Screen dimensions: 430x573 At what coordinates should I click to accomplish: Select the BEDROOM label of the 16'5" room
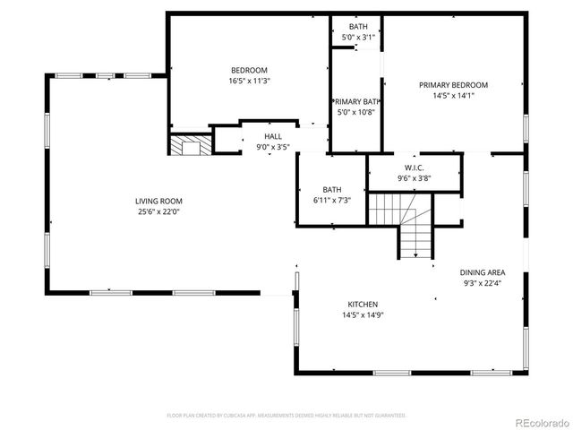[249, 70]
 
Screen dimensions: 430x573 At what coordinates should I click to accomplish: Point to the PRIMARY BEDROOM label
[453, 85]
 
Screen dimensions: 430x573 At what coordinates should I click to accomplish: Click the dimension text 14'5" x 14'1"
[453, 95]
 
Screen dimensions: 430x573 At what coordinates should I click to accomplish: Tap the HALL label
[272, 136]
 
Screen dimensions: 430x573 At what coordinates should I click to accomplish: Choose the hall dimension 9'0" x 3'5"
[272, 146]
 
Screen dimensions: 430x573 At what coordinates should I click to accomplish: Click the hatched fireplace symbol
[190, 145]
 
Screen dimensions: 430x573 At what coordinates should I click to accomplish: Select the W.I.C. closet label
[414, 168]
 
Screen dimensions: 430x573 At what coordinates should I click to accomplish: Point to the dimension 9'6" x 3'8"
[414, 178]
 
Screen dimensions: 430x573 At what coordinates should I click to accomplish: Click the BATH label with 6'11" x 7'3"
[332, 189]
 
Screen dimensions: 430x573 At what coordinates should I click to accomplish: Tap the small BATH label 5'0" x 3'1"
[357, 27]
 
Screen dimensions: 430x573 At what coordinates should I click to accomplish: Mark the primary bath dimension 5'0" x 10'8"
[356, 113]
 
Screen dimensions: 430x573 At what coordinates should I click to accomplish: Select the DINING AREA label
[482, 272]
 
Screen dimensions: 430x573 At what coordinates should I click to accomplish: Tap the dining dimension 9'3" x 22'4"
[482, 283]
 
